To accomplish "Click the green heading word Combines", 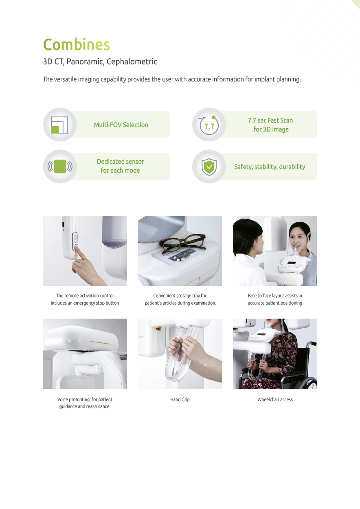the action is click(77, 44).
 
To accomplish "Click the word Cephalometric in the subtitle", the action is click(132, 61).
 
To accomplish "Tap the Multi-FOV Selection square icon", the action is click(59, 125).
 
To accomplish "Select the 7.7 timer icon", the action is click(209, 125).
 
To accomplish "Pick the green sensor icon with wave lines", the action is click(60, 167).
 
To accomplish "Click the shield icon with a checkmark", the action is click(209, 167).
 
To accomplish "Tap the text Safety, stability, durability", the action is click(270, 167).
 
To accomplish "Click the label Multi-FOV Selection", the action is click(121, 125).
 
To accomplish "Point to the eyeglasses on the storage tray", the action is click(182, 244).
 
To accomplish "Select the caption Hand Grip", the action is click(180, 399).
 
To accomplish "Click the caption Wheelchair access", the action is click(275, 399).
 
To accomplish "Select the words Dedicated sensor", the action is click(121, 162).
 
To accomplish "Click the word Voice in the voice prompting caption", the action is click(62, 399).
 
